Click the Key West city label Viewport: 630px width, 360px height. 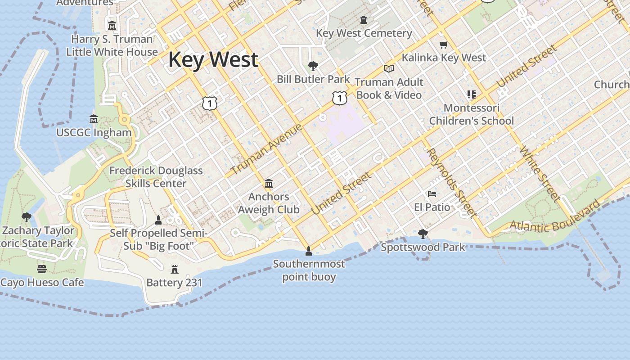pyautogui.click(x=213, y=60)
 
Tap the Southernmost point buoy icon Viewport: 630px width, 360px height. pyautogui.click(x=309, y=251)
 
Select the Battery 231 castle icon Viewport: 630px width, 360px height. pyautogui.click(x=175, y=270)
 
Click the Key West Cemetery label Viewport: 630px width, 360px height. pyautogui.click(x=364, y=33)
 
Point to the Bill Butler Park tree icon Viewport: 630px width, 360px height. pyautogui.click(x=313, y=67)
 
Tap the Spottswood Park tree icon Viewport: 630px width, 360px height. pyautogui.click(x=423, y=234)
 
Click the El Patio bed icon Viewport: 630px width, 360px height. pyautogui.click(x=432, y=194)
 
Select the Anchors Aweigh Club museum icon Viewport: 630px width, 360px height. pyautogui.click(x=269, y=184)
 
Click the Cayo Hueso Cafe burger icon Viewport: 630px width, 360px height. pyautogui.click(x=42, y=269)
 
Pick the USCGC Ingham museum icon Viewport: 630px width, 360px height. pyautogui.click(x=94, y=119)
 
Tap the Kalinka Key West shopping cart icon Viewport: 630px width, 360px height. pyautogui.click(x=444, y=45)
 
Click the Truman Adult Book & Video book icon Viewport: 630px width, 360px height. pyautogui.click(x=389, y=68)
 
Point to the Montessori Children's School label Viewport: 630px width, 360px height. pyautogui.click(x=472, y=114)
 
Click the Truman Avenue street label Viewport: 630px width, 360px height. pyautogui.click(x=266, y=149)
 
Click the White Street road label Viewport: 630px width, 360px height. pyautogui.click(x=540, y=172)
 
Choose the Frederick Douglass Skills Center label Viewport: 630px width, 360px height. pyautogui.click(x=156, y=177)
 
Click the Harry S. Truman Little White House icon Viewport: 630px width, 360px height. pyautogui.click(x=112, y=25)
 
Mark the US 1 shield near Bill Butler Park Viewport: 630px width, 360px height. pyautogui.click(x=340, y=98)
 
